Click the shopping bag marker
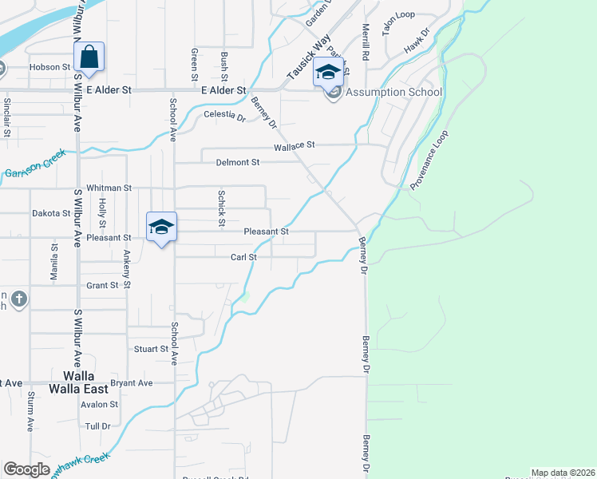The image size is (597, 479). point(89,57)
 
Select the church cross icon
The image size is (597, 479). point(19,300)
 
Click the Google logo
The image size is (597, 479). point(26,469)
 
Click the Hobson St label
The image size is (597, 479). point(50,67)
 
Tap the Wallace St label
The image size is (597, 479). point(295,145)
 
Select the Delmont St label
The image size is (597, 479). point(238,162)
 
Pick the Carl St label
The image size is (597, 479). point(243,257)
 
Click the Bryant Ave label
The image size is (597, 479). point(132,383)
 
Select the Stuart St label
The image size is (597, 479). point(151,349)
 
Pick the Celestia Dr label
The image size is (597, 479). point(225,115)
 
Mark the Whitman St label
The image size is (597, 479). point(109,188)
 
